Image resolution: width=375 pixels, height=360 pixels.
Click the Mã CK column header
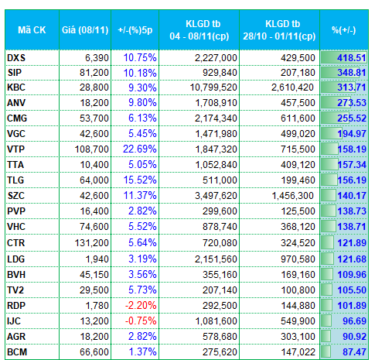[32, 30]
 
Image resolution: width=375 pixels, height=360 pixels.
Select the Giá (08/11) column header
[85, 30]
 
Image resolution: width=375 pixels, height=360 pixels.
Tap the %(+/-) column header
[344, 30]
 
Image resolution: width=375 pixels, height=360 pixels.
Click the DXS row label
[16, 58]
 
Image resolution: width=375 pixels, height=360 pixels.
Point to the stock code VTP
[15, 149]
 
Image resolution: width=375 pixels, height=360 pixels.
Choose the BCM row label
[17, 352]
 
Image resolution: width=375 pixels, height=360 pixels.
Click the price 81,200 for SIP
[94, 73]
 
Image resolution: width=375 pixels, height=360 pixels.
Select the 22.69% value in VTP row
[140, 149]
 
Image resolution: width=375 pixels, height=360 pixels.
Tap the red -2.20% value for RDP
[141, 306]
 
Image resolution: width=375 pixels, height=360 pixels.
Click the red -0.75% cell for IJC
[141, 321]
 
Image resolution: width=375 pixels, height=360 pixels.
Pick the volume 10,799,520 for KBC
[213, 87]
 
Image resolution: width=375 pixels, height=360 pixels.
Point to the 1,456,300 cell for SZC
[293, 196]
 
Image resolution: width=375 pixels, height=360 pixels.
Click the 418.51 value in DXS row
[352, 58]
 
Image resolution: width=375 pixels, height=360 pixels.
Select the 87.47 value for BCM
[354, 352]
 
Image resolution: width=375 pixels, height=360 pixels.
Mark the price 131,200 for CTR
[92, 243]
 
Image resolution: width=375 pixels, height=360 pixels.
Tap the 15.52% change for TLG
[140, 180]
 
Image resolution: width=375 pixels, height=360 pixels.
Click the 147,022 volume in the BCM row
[298, 352]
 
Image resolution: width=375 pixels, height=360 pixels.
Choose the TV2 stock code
[15, 290]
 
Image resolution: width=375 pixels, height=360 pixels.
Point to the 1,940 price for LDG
[97, 259]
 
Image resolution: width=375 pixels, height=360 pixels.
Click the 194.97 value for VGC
[352, 134]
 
